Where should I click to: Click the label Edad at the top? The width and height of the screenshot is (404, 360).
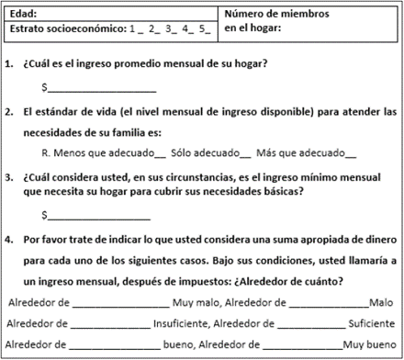(22, 14)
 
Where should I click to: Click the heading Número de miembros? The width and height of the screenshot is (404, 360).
(277, 14)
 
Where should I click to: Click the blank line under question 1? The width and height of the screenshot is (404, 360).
(101, 89)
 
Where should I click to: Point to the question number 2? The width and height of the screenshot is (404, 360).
(9, 111)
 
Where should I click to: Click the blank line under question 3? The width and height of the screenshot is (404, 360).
(101, 217)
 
